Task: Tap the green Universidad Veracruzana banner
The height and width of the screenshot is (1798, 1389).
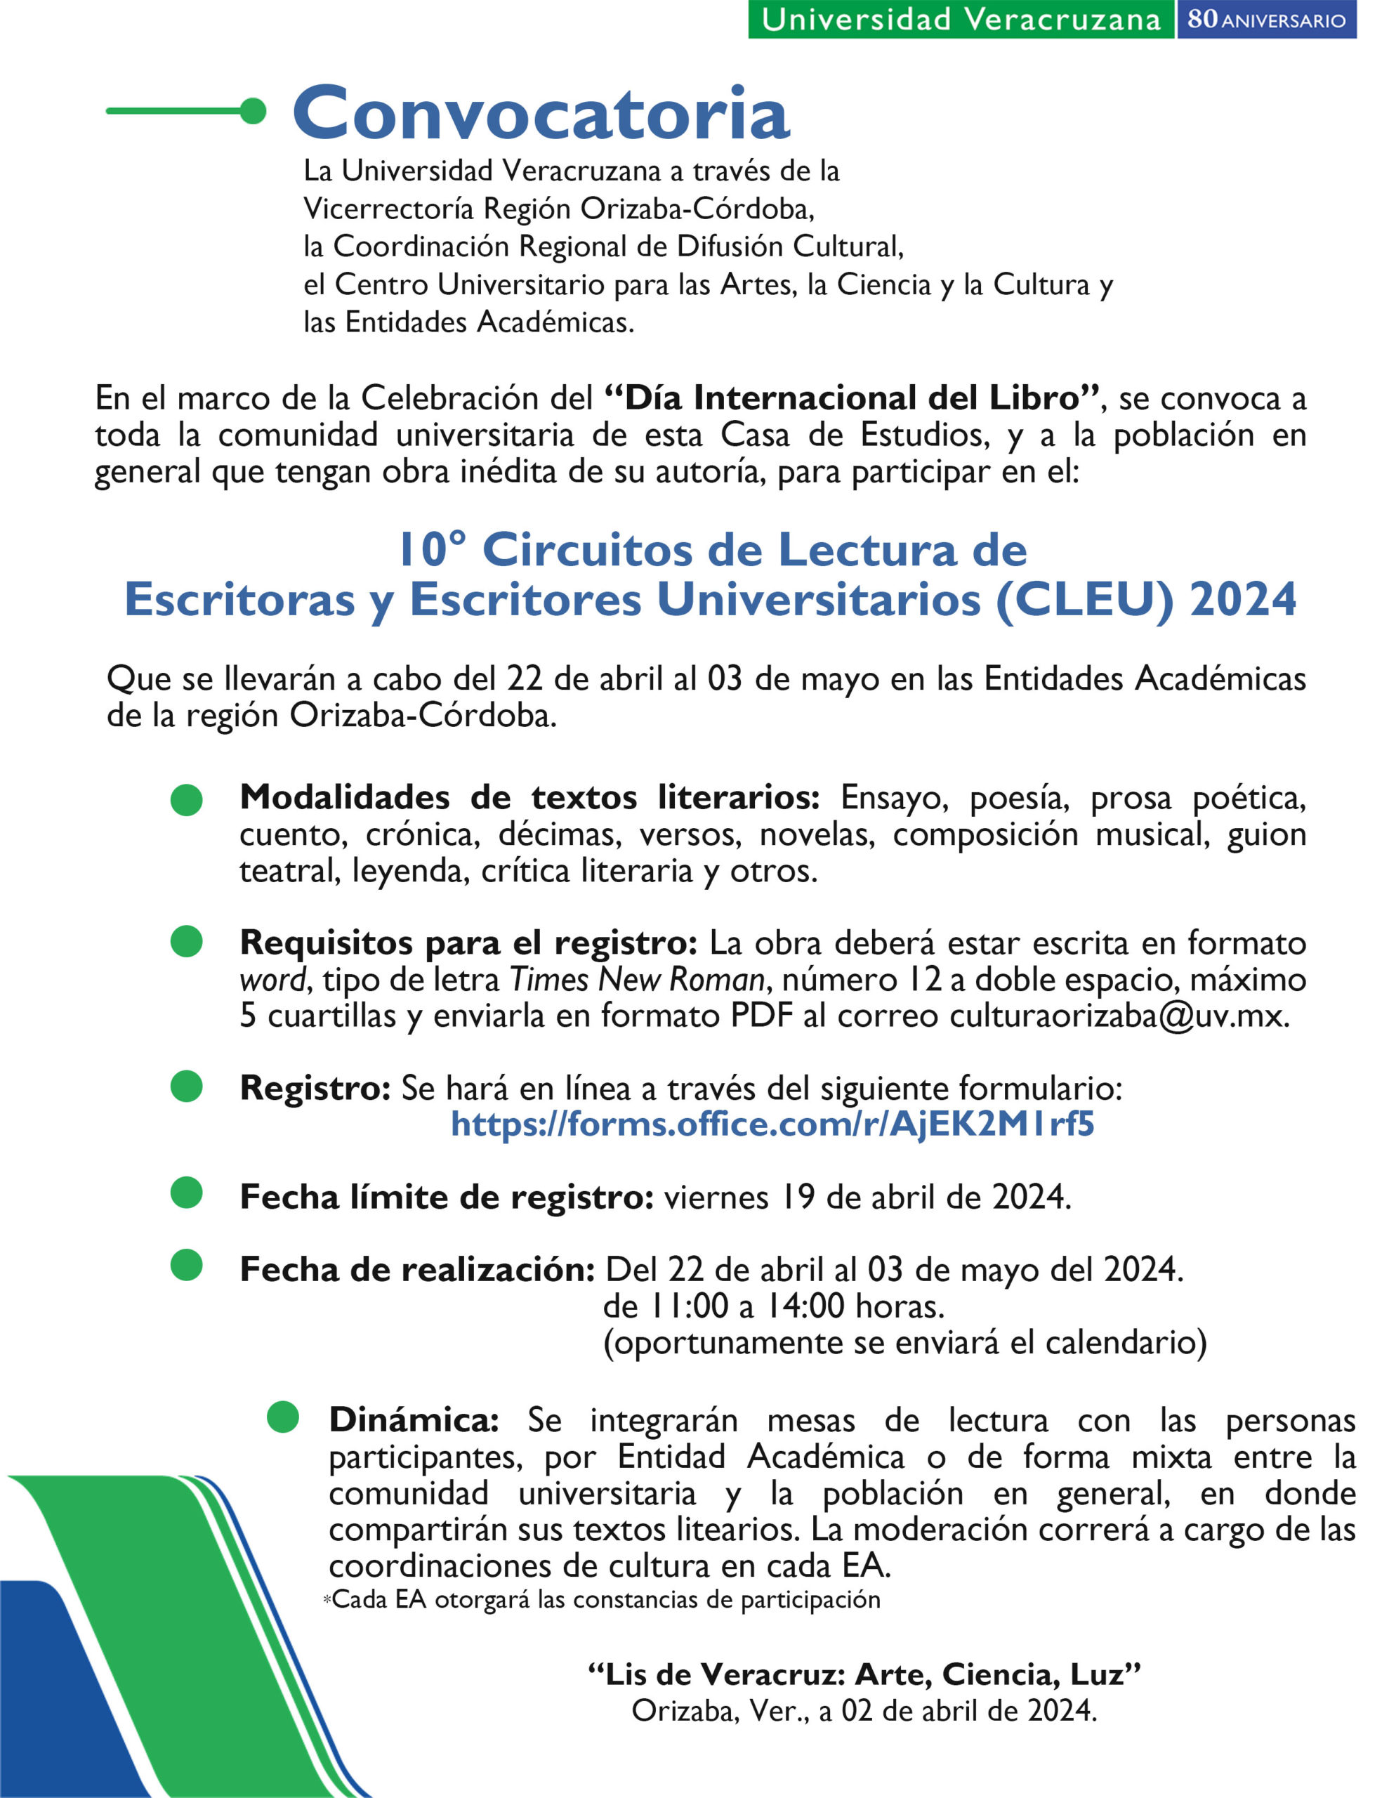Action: (960, 20)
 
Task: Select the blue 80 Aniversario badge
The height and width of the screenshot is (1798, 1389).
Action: (1266, 20)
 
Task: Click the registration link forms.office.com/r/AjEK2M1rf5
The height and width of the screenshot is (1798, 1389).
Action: (772, 1124)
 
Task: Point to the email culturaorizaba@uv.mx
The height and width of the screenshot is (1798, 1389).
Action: (1118, 1016)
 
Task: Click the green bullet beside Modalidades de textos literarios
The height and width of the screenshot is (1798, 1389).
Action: (187, 799)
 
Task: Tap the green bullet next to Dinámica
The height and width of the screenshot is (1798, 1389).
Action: (282, 1417)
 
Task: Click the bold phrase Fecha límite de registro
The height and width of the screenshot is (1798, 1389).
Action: (446, 1197)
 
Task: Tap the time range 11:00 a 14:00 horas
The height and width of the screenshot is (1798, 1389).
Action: (774, 1306)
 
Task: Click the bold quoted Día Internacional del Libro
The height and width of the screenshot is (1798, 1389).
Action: (853, 398)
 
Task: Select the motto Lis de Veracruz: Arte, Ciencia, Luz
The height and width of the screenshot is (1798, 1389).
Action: (864, 1674)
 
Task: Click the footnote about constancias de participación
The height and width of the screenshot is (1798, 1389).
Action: (605, 1600)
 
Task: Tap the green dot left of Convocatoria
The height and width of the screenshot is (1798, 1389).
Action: (254, 111)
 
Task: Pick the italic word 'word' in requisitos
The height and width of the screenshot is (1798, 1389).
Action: (272, 980)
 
